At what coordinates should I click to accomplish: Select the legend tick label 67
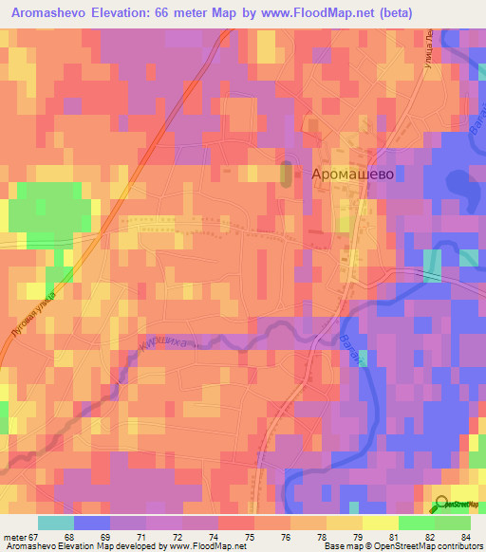pos(41,538)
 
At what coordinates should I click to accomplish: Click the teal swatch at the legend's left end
pos(56,523)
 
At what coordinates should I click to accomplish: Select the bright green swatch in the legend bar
pos(416,523)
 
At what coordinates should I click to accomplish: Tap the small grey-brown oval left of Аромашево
pos(288,174)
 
